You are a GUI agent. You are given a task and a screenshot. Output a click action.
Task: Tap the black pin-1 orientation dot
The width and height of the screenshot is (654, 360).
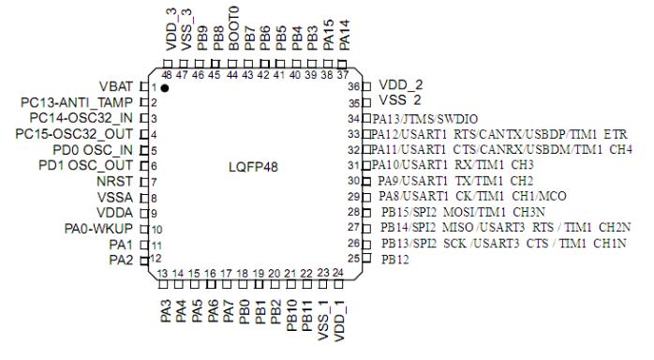click(x=165, y=87)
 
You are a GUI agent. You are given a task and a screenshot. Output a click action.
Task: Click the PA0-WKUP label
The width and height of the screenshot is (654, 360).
click(x=99, y=229)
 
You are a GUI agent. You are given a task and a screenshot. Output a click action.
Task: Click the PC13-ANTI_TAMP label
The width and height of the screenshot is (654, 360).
click(x=80, y=102)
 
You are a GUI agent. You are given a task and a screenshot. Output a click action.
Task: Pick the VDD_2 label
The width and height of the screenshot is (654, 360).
click(x=401, y=84)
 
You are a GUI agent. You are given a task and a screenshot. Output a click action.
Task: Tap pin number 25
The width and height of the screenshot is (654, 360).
click(x=353, y=259)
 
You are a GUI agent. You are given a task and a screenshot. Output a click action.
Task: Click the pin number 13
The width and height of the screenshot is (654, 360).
click(x=162, y=273)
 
